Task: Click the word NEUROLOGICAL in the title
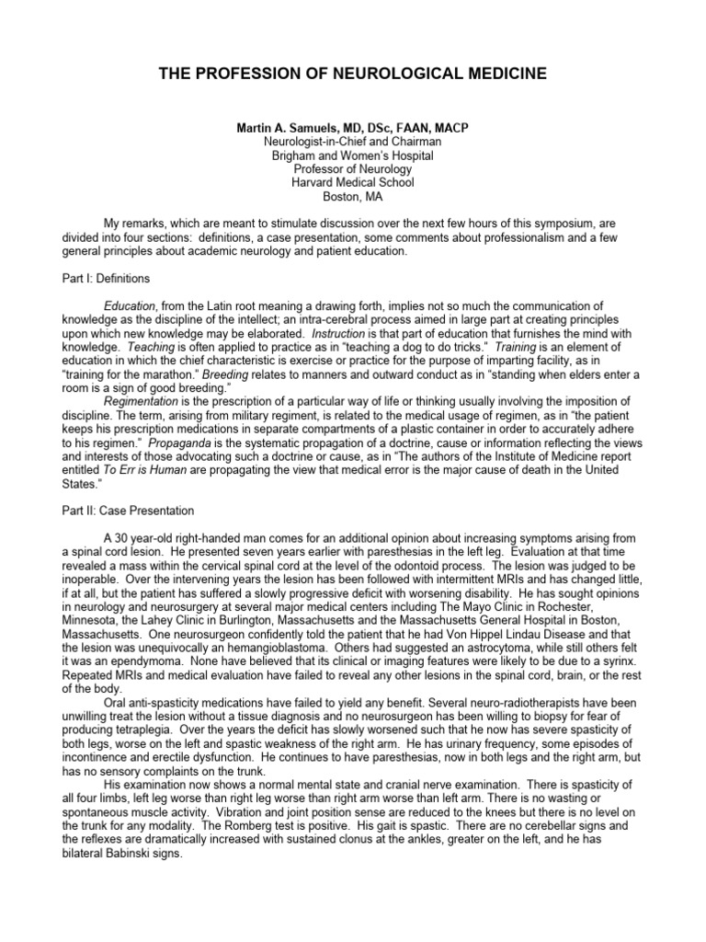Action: coord(369,74)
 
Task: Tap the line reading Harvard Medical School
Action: coord(352,182)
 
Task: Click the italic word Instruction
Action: coord(338,332)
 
